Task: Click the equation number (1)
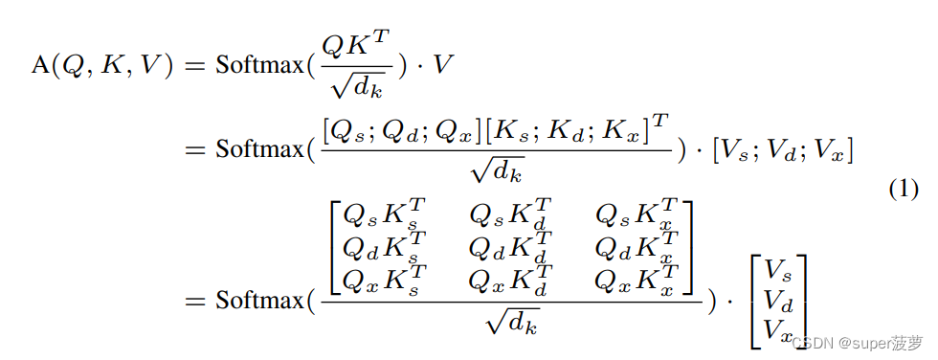click(904, 190)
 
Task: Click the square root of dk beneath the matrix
click(513, 324)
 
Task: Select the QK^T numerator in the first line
click(355, 42)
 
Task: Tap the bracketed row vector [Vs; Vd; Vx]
click(782, 151)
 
